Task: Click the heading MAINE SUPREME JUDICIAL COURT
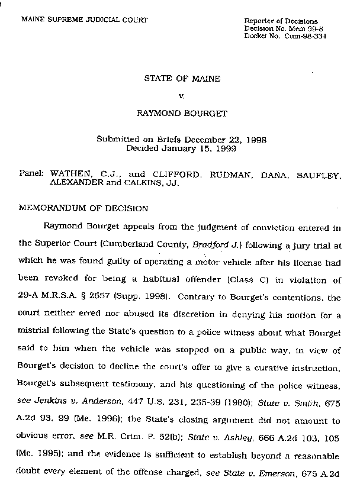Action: [x=84, y=20]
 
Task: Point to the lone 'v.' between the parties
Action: [x=182, y=93]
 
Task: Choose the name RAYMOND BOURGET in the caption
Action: [x=182, y=109]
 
